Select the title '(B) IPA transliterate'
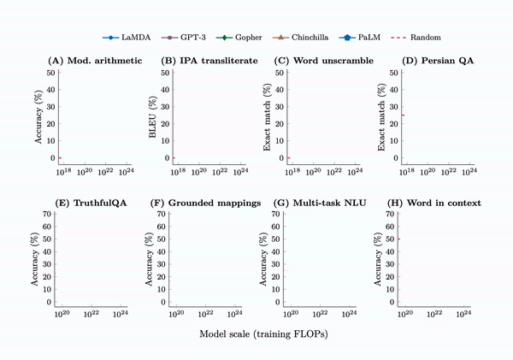pos(210,62)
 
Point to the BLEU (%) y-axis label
pos(155,115)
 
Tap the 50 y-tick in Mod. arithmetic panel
pos(50,73)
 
